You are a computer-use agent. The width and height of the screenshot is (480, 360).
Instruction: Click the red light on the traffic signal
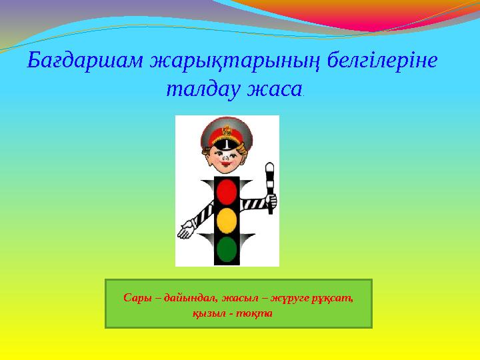[x=227, y=192]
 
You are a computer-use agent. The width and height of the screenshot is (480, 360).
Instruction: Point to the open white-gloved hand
[x=187, y=231]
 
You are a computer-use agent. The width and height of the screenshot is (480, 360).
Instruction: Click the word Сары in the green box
[x=137, y=298]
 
